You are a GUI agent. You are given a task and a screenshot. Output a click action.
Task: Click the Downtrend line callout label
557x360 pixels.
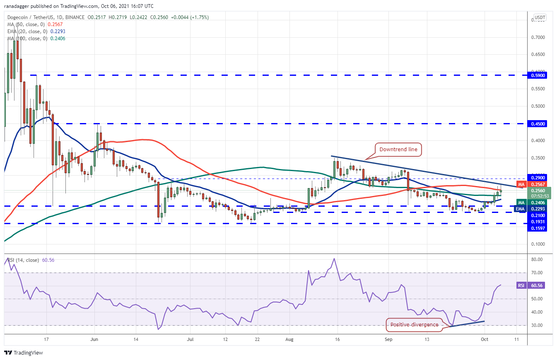click(398, 150)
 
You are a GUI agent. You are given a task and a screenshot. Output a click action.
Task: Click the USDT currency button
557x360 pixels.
click(540, 17)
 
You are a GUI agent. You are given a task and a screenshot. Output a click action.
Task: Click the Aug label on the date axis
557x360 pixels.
click(289, 339)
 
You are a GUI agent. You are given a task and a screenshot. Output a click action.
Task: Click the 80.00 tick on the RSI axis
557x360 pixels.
click(537, 259)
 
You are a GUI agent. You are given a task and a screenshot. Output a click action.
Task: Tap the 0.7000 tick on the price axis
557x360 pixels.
click(538, 37)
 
